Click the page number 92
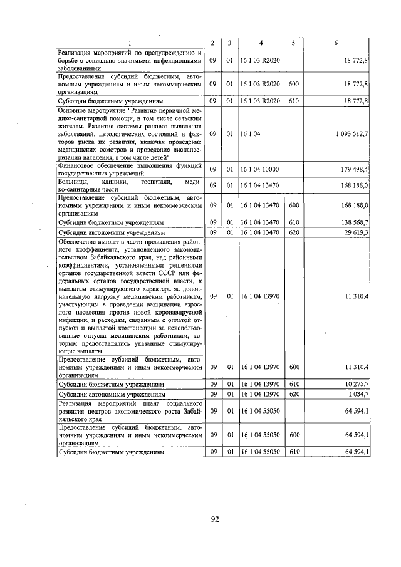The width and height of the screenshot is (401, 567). coord(214,518)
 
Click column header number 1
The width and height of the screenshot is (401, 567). coord(130,43)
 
